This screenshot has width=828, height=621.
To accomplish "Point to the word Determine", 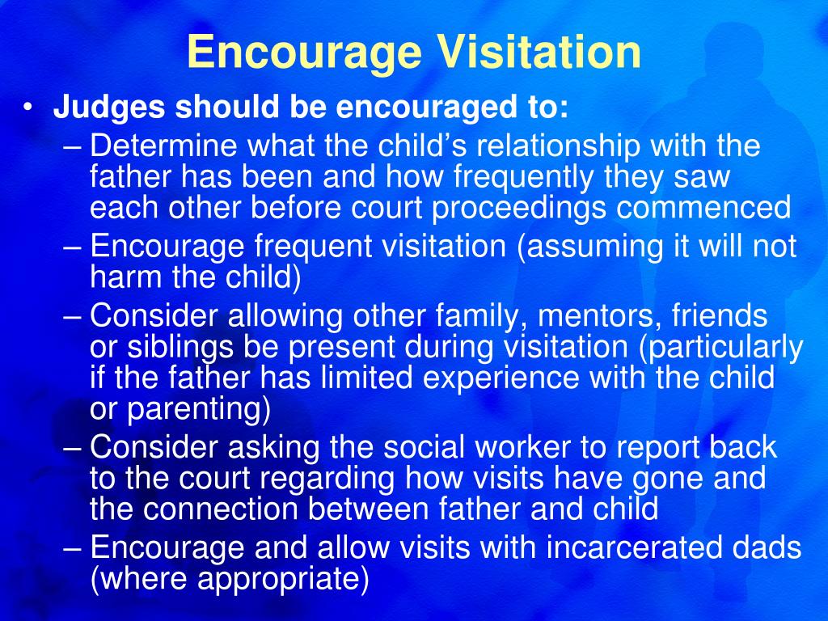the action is click(x=163, y=146).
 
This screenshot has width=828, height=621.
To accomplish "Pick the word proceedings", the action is click(x=518, y=208).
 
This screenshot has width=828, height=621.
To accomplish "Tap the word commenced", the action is click(x=703, y=207).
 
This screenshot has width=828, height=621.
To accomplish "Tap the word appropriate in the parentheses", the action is click(x=278, y=579).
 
